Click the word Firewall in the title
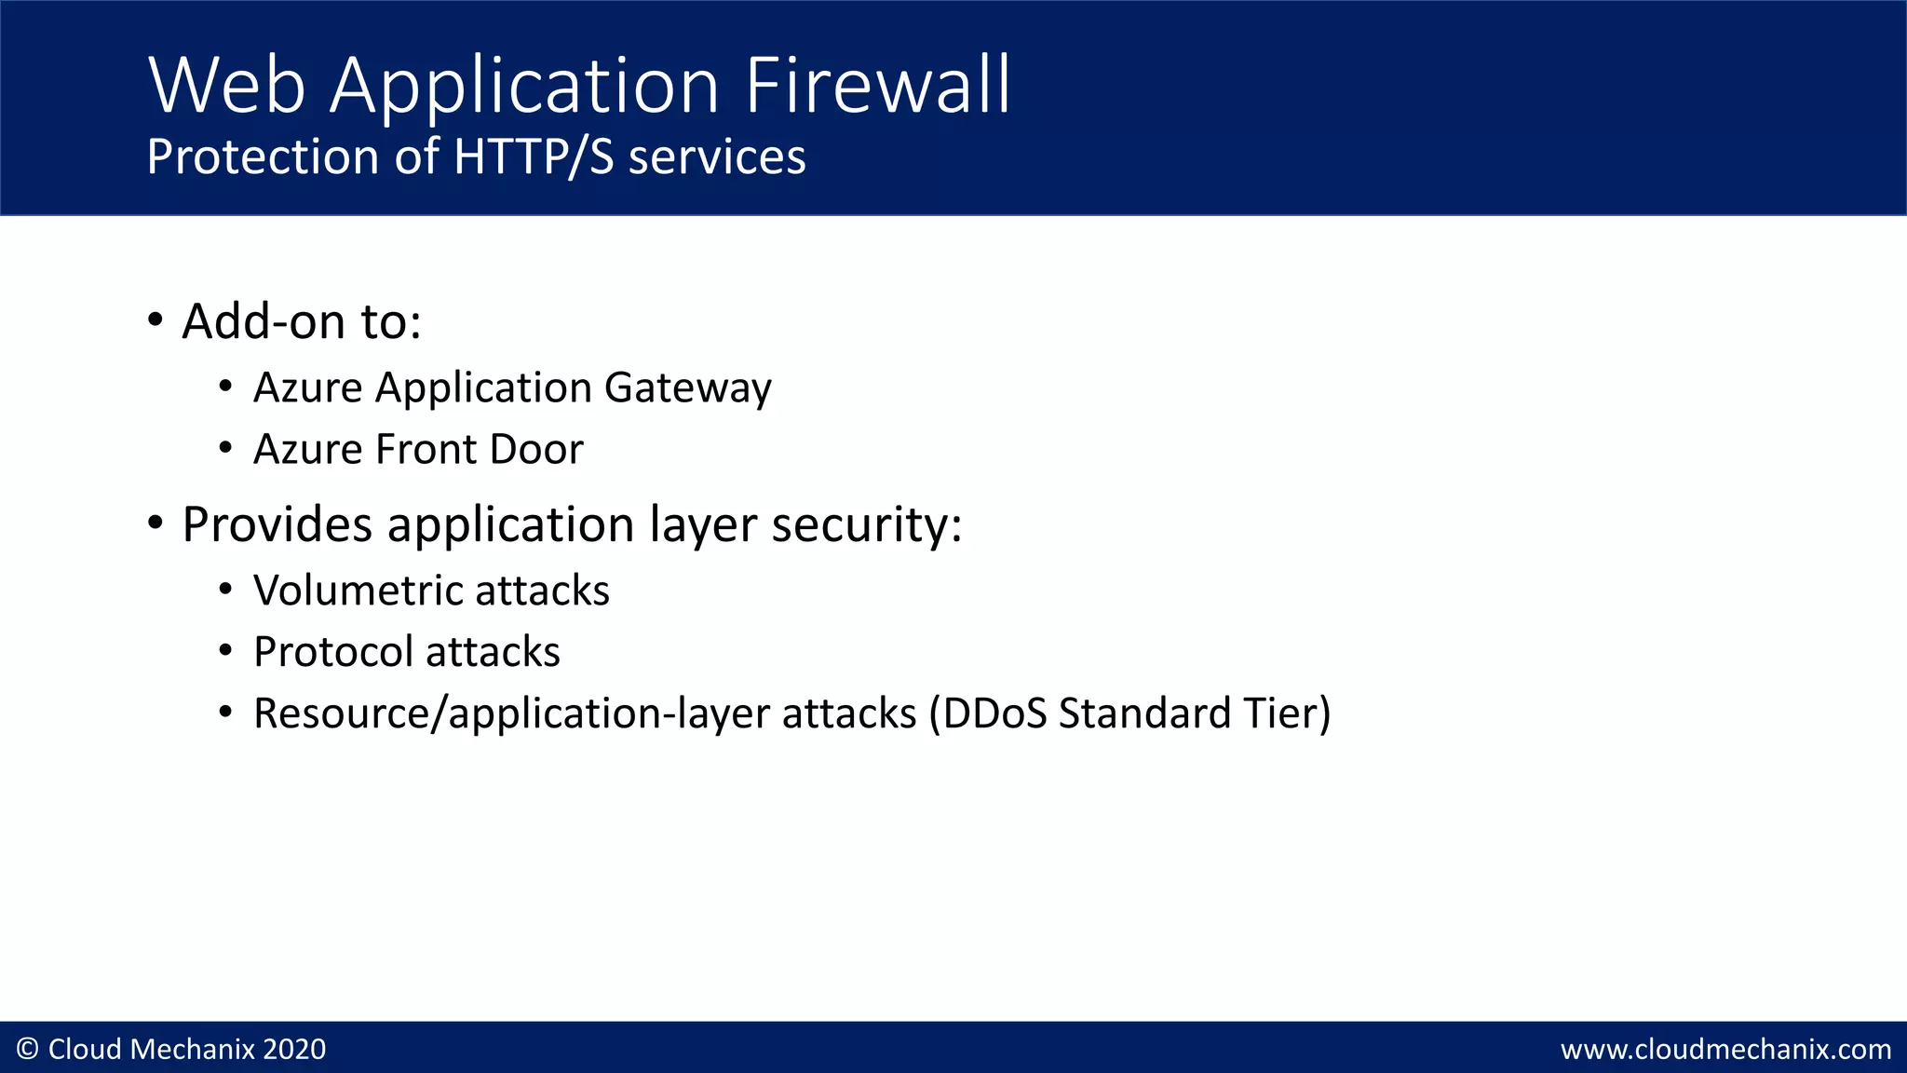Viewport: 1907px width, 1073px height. click(877, 86)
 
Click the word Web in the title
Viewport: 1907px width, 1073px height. click(226, 86)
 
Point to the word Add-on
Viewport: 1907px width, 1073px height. click(264, 321)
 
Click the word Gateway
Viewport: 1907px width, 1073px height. click(687, 388)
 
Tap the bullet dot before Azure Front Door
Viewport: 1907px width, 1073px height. click(225, 449)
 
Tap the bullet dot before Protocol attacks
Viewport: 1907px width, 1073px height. click(225, 652)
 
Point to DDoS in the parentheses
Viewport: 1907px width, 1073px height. click(988, 713)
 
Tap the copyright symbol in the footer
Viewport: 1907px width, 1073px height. click(28, 1050)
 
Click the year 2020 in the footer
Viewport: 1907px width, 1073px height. click(294, 1050)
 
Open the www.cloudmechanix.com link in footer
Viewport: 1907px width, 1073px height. click(1725, 1050)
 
